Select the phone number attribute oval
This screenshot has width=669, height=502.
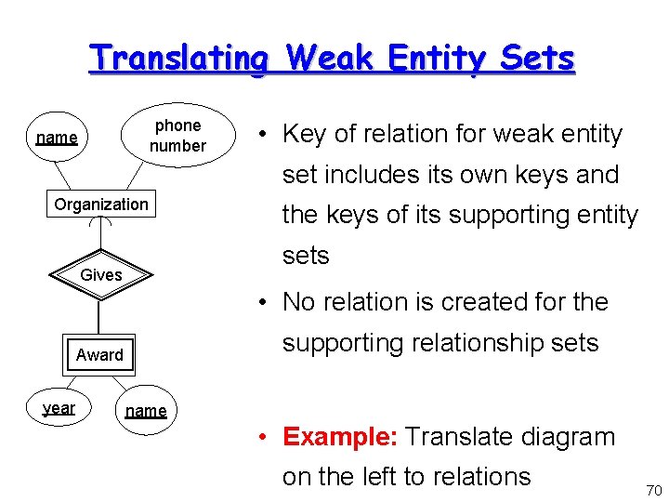(x=177, y=136)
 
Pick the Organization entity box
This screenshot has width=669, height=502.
(x=101, y=205)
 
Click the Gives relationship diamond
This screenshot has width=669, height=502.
(x=101, y=274)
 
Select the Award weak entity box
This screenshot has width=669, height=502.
(x=99, y=354)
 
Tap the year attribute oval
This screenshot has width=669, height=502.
(x=59, y=407)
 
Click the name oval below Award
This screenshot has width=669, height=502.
(x=146, y=411)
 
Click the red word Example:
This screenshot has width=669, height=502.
(x=341, y=436)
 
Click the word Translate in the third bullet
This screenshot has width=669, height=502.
(x=463, y=436)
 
